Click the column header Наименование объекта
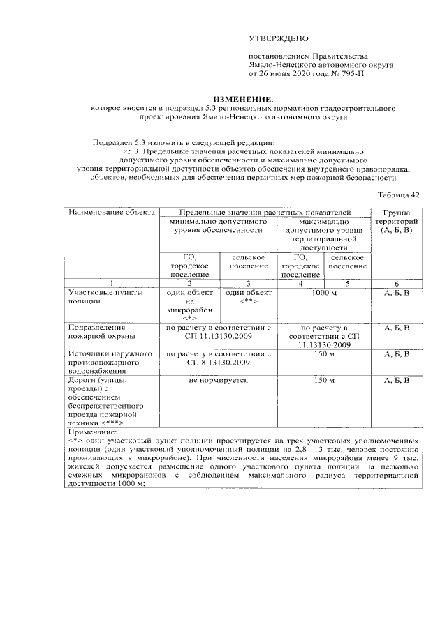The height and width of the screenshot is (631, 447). [x=111, y=211]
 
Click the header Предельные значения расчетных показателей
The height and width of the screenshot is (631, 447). [x=265, y=211]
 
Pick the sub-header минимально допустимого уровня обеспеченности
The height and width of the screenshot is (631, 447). [x=218, y=225]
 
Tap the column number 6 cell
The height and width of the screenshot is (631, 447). [x=397, y=283]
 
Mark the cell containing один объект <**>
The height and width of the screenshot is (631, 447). [x=248, y=297]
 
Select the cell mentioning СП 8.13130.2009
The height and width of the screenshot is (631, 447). [x=218, y=359]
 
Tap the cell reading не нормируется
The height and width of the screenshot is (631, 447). [x=218, y=381]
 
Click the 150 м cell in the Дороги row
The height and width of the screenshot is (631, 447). [x=324, y=381]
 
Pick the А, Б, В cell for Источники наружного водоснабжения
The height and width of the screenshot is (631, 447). [x=397, y=354]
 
